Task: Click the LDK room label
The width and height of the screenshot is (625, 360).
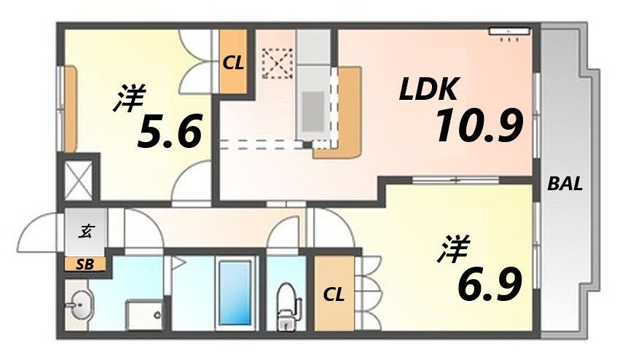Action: tap(428, 90)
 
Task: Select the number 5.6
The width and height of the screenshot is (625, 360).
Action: tap(169, 133)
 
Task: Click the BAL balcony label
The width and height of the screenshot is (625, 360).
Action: tap(565, 184)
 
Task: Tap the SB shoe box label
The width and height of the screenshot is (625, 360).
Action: tap(84, 265)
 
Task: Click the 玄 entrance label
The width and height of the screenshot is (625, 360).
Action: tap(86, 232)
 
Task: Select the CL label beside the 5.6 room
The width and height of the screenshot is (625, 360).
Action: tap(233, 63)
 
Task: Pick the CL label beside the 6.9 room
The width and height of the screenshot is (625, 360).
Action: tap(334, 295)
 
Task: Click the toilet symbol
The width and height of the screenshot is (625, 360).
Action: tap(286, 301)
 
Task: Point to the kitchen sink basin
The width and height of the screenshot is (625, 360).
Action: tap(314, 109)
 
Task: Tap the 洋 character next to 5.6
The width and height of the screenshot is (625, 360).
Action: tap(130, 100)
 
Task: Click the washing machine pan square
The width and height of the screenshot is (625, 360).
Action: tap(144, 314)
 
